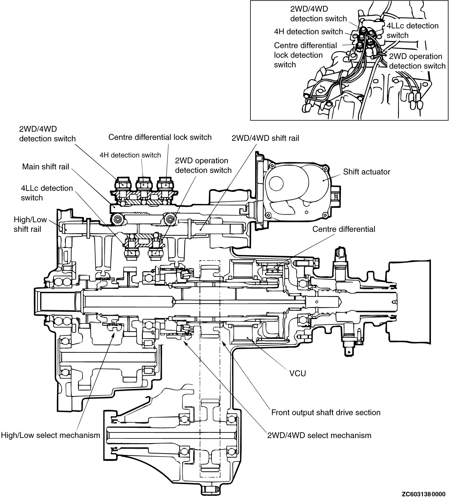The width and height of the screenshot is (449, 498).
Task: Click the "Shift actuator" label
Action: (367, 172)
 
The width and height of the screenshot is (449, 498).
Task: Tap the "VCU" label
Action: (298, 373)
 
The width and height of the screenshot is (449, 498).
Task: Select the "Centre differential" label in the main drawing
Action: (344, 229)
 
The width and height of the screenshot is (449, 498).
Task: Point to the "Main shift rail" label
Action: (46, 167)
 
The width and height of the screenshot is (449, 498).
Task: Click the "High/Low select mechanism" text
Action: (51, 435)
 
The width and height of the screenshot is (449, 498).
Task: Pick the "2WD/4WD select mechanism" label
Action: (319, 435)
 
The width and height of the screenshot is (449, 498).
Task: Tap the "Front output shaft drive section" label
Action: (326, 412)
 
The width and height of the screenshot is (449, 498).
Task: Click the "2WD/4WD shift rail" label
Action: (265, 138)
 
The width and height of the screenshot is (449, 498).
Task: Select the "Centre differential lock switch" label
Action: (160, 137)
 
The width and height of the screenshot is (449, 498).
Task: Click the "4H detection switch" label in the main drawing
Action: (130, 155)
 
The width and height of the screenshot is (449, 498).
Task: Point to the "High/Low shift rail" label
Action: (30, 224)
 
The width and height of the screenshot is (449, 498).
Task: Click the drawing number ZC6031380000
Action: (424, 494)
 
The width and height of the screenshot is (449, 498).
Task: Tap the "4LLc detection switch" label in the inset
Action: (412, 30)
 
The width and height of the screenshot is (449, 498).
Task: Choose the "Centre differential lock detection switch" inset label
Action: (305, 55)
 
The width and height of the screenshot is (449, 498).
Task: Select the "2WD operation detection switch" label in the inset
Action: (417, 61)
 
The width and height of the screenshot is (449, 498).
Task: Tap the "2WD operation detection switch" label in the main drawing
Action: (203, 165)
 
